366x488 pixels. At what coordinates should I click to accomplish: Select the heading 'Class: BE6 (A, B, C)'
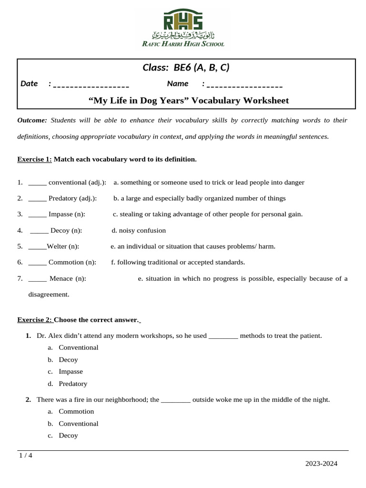(x=186, y=68)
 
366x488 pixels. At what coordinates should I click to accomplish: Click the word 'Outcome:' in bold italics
(x=32, y=120)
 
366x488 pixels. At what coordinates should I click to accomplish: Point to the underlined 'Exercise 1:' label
(x=34, y=159)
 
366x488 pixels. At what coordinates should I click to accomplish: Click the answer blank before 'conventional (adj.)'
(x=37, y=183)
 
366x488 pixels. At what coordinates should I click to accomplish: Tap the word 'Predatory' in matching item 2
(x=62, y=198)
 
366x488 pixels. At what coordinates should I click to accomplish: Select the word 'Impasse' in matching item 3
(x=61, y=214)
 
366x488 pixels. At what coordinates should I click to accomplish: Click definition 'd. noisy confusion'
(x=139, y=231)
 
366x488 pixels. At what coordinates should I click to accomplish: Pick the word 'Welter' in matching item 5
(x=57, y=246)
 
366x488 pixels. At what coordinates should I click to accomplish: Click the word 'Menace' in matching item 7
(x=61, y=278)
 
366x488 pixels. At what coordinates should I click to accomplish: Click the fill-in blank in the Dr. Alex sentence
(x=223, y=336)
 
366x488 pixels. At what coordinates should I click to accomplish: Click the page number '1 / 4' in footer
(x=26, y=455)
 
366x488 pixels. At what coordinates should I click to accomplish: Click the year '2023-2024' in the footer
(x=321, y=463)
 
